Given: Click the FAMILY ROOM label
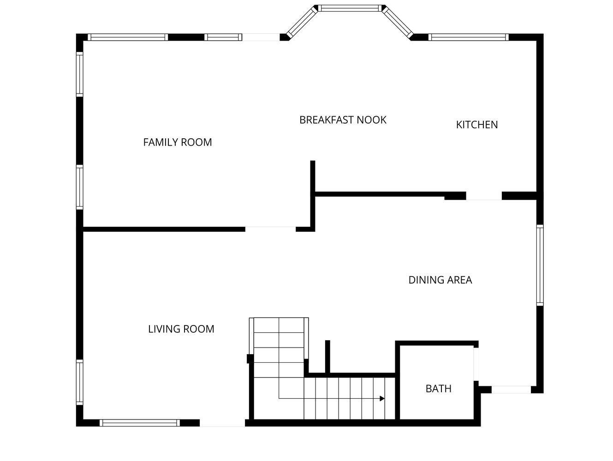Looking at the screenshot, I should click(178, 142).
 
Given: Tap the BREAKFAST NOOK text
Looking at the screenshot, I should click(343, 120).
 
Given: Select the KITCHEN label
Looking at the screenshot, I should click(476, 124).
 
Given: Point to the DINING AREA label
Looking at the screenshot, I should click(440, 280).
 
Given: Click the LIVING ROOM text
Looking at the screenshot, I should click(181, 329).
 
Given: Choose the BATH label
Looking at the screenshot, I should click(438, 389).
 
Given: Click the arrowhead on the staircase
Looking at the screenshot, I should click(382, 398).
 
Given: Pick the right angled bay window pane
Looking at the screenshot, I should click(398, 22).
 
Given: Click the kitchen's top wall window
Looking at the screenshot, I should click(469, 37).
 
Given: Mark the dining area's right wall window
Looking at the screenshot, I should click(540, 265).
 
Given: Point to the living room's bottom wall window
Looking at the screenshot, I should click(139, 423).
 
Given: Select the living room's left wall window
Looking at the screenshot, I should click(80, 382).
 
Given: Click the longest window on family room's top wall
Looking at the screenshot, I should click(128, 37).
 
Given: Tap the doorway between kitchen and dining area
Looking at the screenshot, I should click(483, 196).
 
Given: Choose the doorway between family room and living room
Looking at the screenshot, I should click(270, 229).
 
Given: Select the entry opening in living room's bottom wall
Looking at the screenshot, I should click(222, 423).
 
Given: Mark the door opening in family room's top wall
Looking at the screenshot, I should click(261, 37).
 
